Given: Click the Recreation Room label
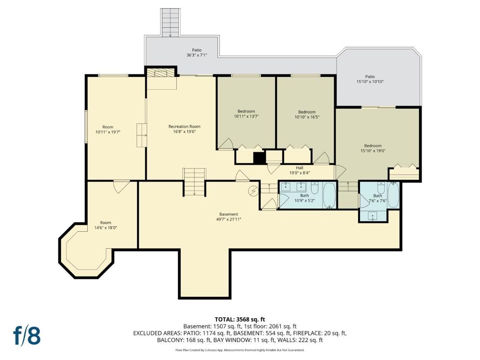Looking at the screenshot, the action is (x=184, y=129).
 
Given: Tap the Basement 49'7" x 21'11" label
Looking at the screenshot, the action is (x=229, y=217).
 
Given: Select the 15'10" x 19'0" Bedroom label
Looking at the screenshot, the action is (x=373, y=148).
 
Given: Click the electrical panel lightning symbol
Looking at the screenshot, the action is (x=253, y=191).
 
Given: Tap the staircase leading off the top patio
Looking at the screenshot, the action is (x=170, y=22).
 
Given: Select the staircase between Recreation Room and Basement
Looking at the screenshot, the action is (x=195, y=182).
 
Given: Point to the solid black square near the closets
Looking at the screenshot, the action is (x=259, y=157).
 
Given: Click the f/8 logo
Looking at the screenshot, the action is (x=27, y=336).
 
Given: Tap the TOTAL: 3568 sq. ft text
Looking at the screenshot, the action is (x=240, y=320).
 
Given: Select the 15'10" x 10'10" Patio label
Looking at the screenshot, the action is (x=370, y=79).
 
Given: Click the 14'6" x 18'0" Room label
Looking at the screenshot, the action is (x=105, y=225).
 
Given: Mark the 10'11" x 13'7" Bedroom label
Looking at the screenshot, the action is (x=246, y=114).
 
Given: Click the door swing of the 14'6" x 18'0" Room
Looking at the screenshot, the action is (x=121, y=187).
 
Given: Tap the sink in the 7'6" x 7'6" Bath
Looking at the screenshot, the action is (x=373, y=216).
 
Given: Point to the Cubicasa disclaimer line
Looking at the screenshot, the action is (x=240, y=350).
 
